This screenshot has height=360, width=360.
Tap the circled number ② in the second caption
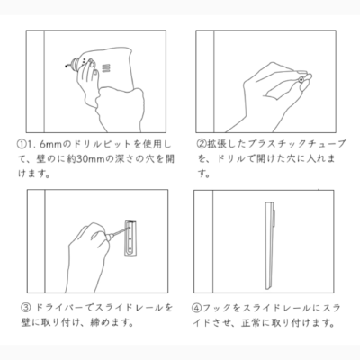pyautogui.click(x=202, y=145)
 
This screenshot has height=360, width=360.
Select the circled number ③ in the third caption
pyautogui.click(x=26, y=308)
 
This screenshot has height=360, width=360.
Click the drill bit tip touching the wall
pyautogui.click(x=67, y=66)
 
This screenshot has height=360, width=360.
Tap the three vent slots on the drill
pyautogui.click(x=105, y=68)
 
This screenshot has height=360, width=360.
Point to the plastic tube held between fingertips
pyautogui.click(x=301, y=79)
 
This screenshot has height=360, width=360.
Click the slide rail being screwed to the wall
pyautogui.click(x=131, y=238)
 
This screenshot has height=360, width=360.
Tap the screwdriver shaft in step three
pyautogui.click(x=118, y=231)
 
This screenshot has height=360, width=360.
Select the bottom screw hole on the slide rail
pyautogui.click(x=130, y=248)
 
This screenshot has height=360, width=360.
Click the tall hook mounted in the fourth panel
pyautogui.click(x=269, y=246)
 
